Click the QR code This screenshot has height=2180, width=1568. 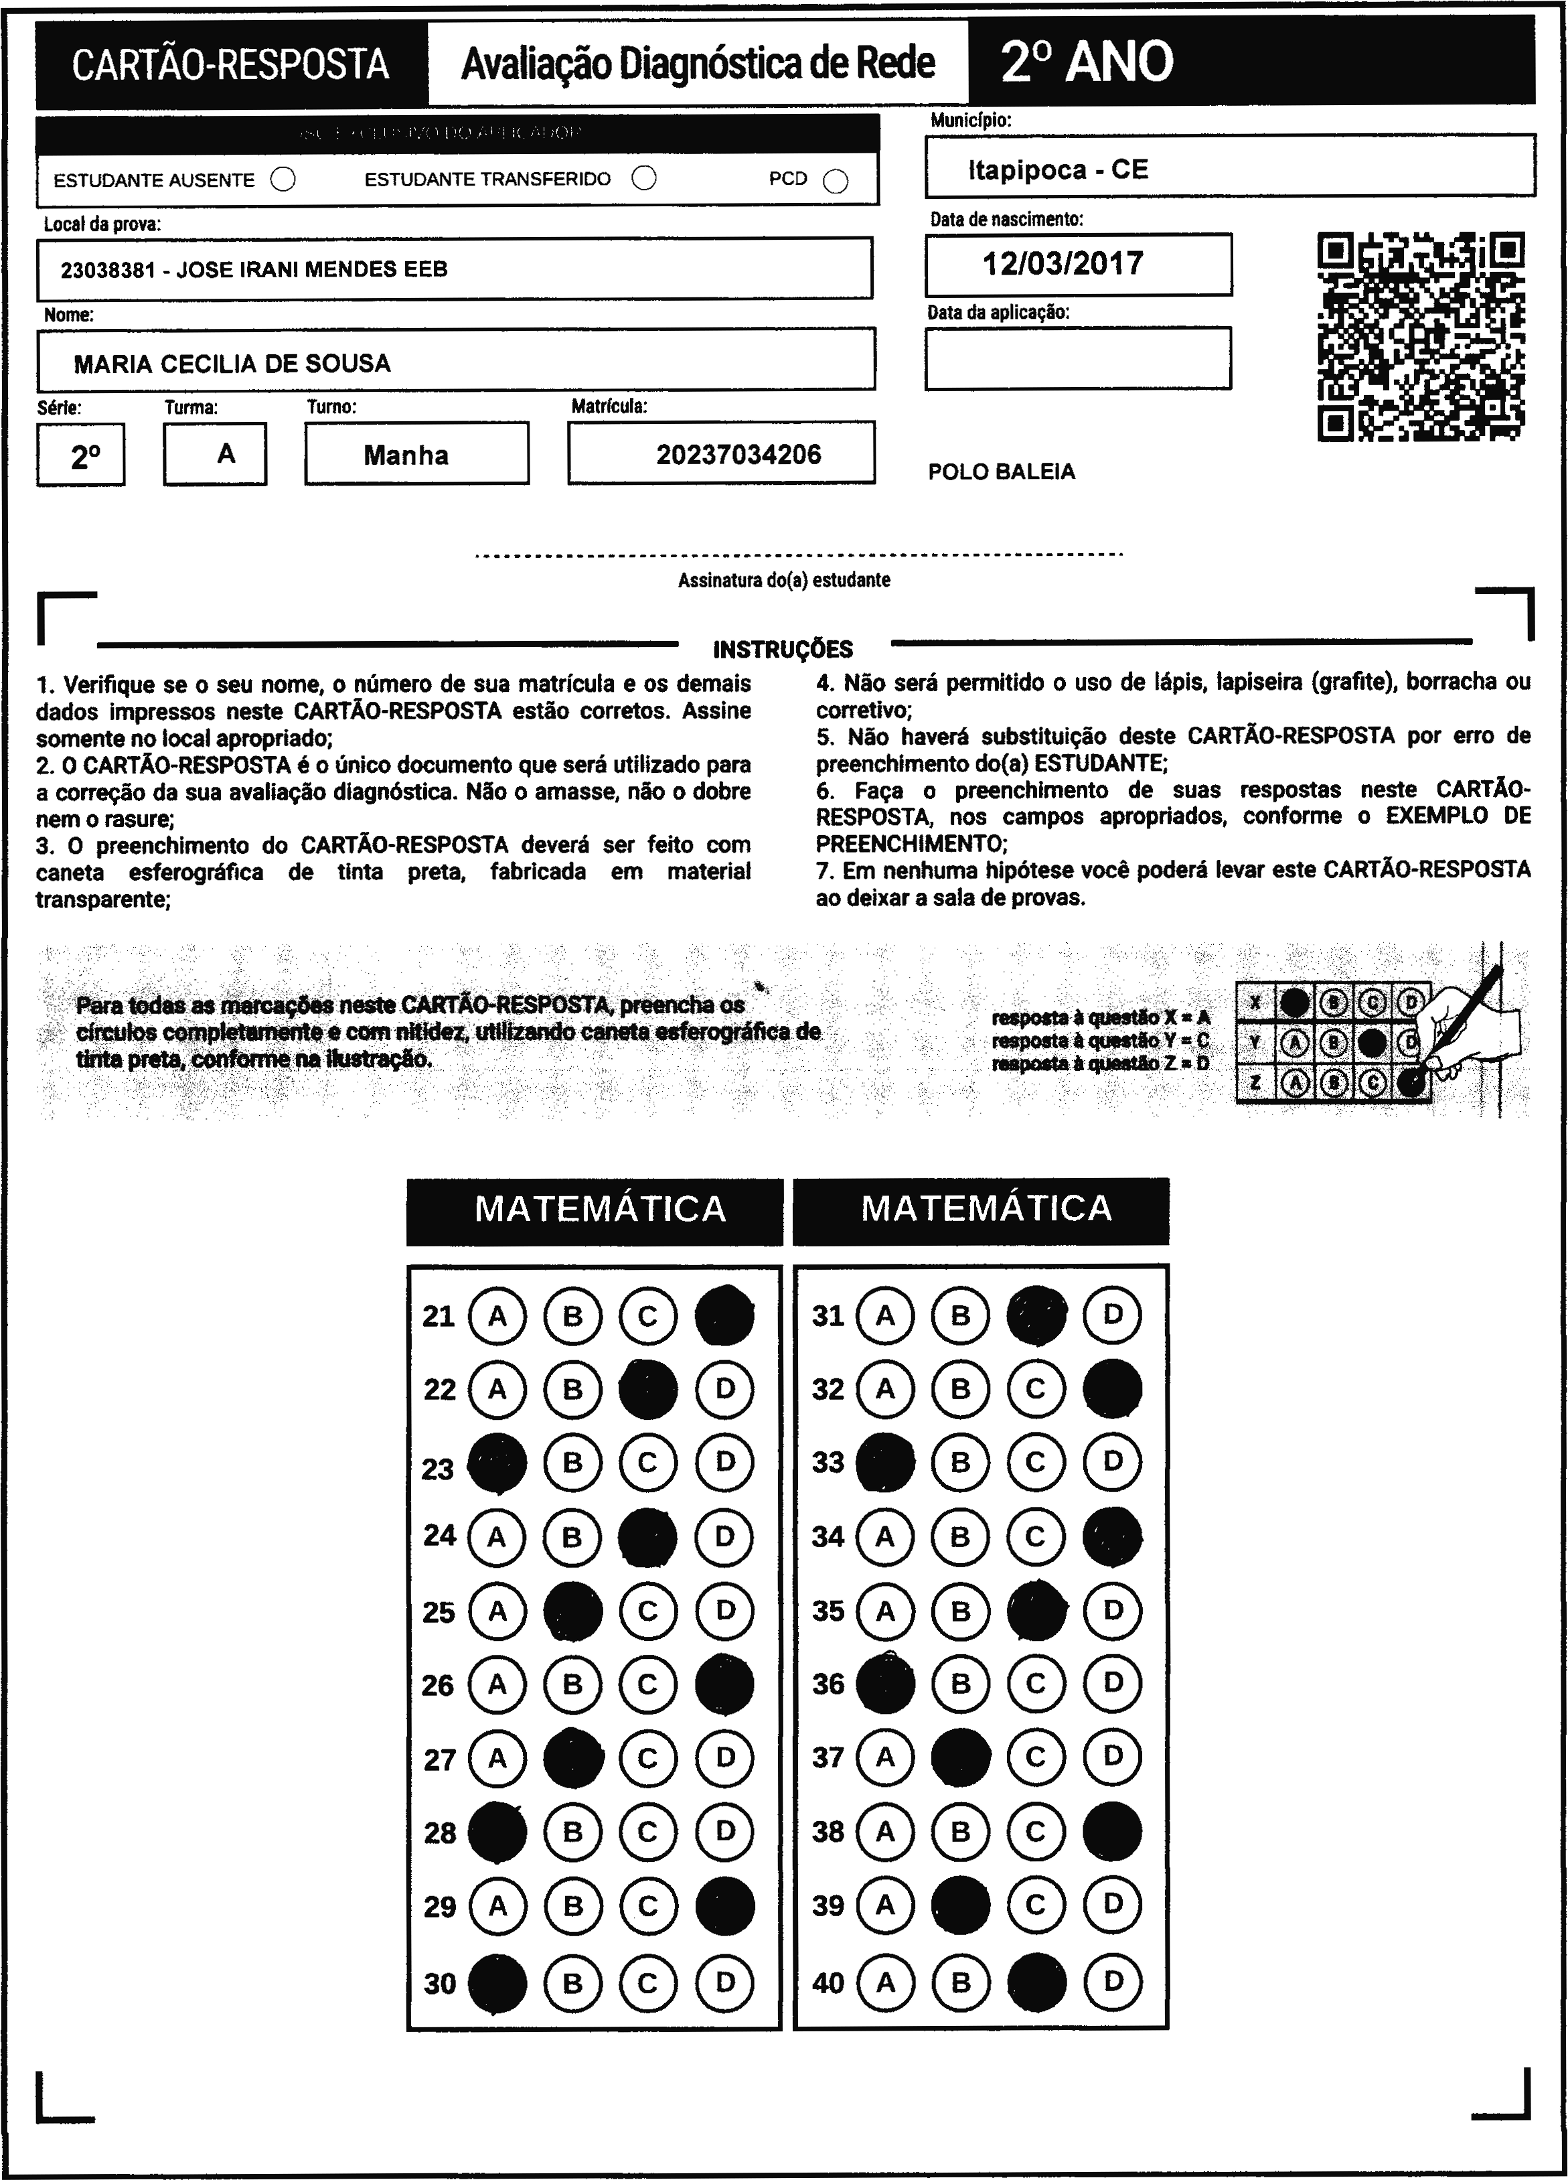(x=1420, y=336)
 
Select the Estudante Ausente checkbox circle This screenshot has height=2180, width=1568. (x=283, y=179)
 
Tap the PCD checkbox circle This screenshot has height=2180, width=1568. (x=836, y=181)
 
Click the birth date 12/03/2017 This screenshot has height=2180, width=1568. (x=1063, y=263)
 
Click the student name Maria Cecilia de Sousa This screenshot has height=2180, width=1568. (x=232, y=363)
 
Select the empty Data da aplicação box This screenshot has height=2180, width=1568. (x=1077, y=358)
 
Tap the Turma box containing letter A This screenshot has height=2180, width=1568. (x=226, y=453)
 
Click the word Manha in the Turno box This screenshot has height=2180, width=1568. (x=406, y=455)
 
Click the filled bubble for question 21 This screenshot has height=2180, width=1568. (x=724, y=1315)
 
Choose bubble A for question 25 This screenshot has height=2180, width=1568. (x=497, y=1611)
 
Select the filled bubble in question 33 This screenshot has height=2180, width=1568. (x=885, y=1462)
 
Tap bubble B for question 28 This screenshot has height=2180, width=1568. (x=572, y=1832)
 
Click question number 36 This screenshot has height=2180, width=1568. (x=828, y=1684)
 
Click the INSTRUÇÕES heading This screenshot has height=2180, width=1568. (x=783, y=650)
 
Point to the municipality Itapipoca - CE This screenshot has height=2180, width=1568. (x=1058, y=170)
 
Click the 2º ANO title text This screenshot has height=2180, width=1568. (x=1087, y=62)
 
